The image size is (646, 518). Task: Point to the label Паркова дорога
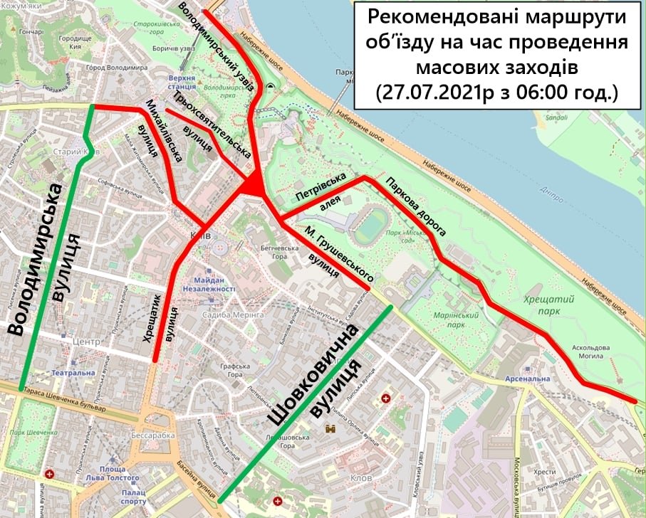point(417,206)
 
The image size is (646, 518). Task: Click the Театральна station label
point(72,372)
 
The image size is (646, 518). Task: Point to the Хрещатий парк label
point(543,305)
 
